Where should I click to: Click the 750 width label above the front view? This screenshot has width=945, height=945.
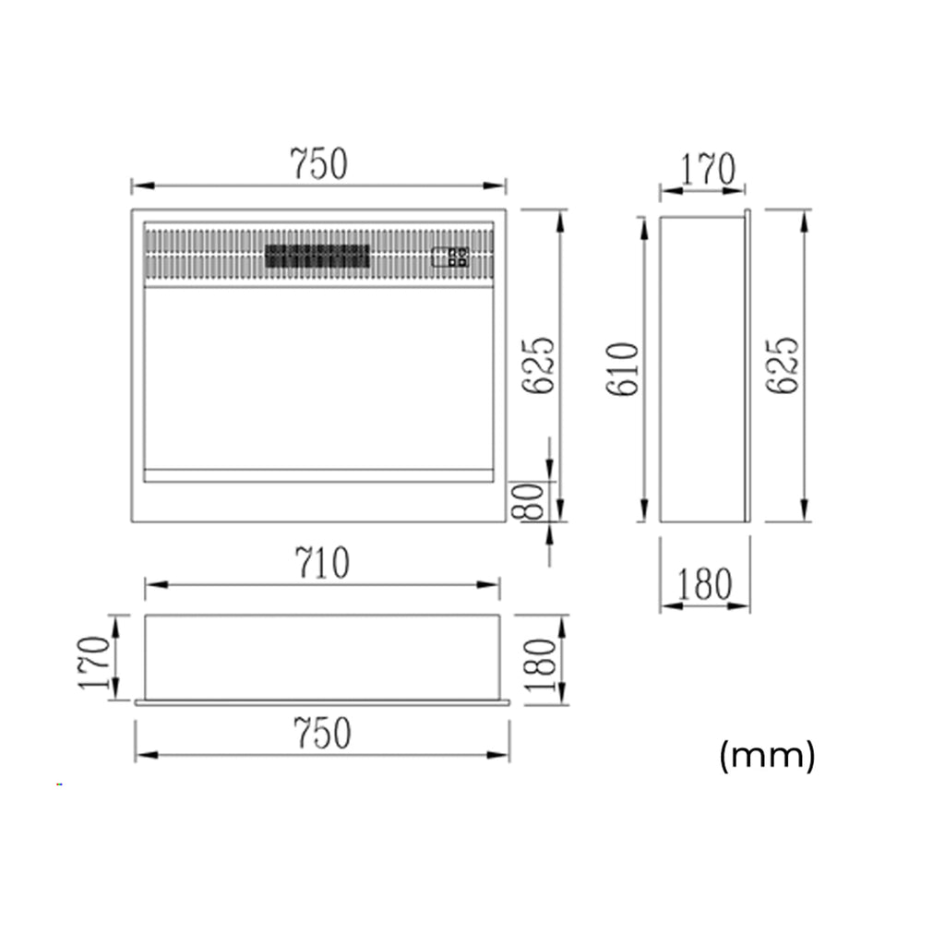(319, 164)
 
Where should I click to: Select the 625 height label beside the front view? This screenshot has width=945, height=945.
(540, 365)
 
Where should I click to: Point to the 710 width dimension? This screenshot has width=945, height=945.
(321, 563)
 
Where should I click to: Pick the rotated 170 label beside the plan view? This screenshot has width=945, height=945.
(95, 662)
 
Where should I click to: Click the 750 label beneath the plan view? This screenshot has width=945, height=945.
(322, 734)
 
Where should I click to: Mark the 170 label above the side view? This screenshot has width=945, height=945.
(708, 170)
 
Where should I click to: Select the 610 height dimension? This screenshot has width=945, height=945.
(624, 369)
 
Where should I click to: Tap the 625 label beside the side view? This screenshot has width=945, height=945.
(784, 365)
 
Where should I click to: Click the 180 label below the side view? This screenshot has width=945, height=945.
(704, 584)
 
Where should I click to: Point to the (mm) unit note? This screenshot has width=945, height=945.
(767, 756)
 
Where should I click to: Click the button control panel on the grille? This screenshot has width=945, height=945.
(451, 257)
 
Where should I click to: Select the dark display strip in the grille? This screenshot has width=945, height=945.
(317, 257)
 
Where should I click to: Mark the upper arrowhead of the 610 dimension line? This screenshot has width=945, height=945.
(643, 226)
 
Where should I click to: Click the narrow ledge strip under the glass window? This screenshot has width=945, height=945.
(318, 475)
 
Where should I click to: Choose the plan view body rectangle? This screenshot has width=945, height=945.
(322, 656)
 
